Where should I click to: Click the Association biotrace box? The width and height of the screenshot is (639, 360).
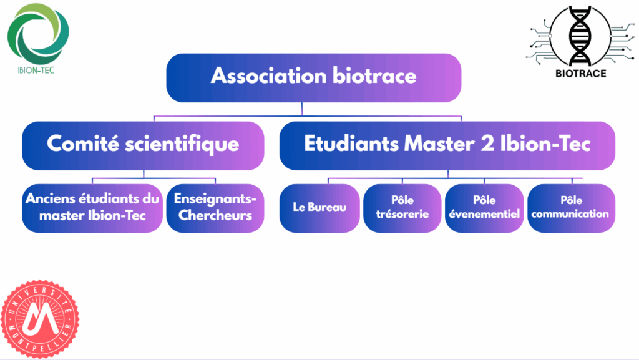(x=314, y=78)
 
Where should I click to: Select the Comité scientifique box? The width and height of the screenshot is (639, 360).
(x=143, y=145)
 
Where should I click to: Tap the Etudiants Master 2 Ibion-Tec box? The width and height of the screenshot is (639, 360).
(x=447, y=145)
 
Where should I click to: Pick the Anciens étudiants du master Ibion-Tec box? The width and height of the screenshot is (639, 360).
(x=92, y=208)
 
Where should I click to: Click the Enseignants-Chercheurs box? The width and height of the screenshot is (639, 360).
(x=215, y=208)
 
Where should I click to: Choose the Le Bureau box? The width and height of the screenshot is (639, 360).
(x=319, y=208)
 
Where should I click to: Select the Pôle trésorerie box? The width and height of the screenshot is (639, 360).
(x=402, y=208)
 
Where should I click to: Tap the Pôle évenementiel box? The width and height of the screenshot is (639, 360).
(x=484, y=208)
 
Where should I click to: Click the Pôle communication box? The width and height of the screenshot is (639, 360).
(x=572, y=208)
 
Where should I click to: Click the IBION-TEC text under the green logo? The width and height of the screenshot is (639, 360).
(x=36, y=70)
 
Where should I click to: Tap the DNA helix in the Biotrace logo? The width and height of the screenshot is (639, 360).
(x=580, y=36)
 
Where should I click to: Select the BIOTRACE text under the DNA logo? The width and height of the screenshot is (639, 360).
(x=581, y=74)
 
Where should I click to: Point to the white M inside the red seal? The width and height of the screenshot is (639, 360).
(x=40, y=318)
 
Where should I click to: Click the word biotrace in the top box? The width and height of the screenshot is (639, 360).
(x=374, y=75)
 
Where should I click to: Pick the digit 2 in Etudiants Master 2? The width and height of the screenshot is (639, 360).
(x=487, y=144)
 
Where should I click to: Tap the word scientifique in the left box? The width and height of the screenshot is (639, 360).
(x=182, y=145)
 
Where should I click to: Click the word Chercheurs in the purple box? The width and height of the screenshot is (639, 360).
(x=215, y=215)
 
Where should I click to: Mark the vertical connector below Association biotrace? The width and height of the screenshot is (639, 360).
(x=302, y=109)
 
